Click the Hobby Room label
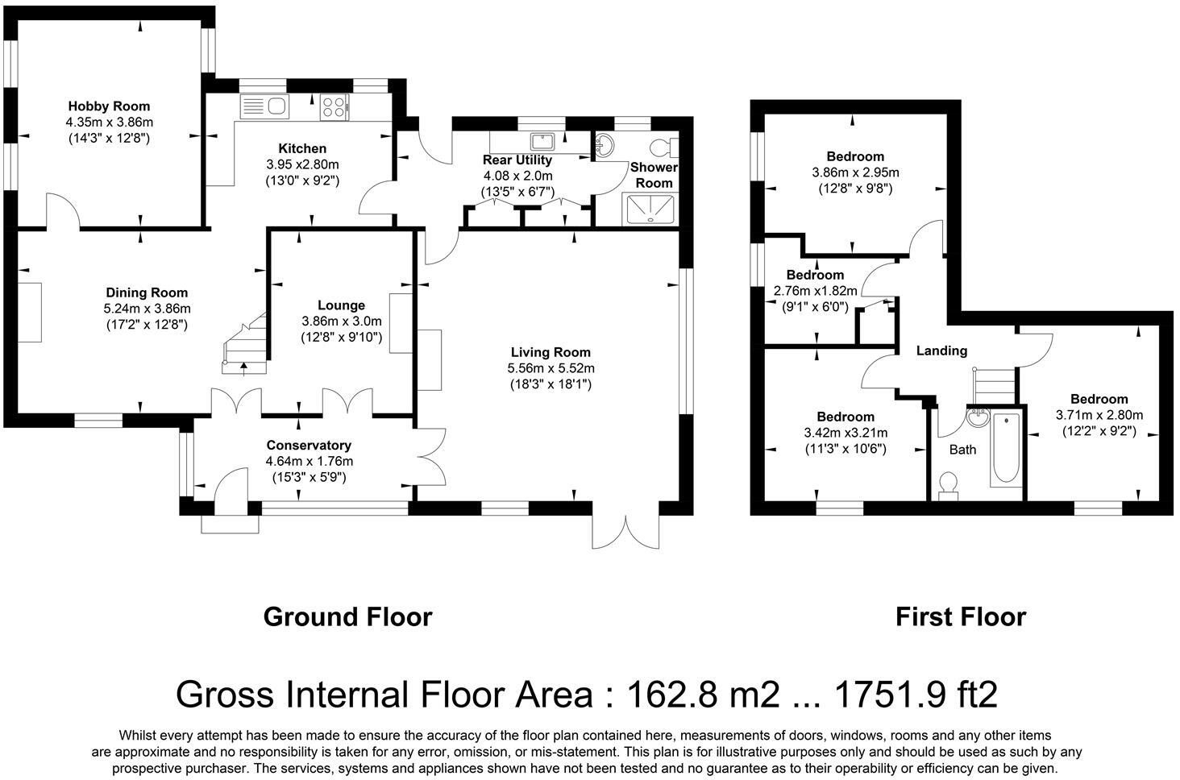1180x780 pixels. [x=109, y=106]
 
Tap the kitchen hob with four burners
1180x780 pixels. [x=334, y=107]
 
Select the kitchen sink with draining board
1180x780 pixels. [x=264, y=107]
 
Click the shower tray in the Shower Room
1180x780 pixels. [x=650, y=210]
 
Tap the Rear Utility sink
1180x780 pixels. [x=542, y=141]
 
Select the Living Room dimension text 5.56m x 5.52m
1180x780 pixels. [x=551, y=369]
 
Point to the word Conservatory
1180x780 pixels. [x=309, y=446]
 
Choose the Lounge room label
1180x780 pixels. [x=342, y=305]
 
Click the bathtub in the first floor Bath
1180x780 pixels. [x=1007, y=447]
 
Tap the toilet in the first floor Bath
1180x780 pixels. [x=948, y=485]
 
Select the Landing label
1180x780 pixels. [x=942, y=351]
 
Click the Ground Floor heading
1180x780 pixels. [x=347, y=617]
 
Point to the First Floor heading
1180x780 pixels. [x=961, y=617]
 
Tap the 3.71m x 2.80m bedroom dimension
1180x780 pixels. [x=1099, y=415]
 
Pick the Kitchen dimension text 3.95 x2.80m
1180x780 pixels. [x=302, y=165]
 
